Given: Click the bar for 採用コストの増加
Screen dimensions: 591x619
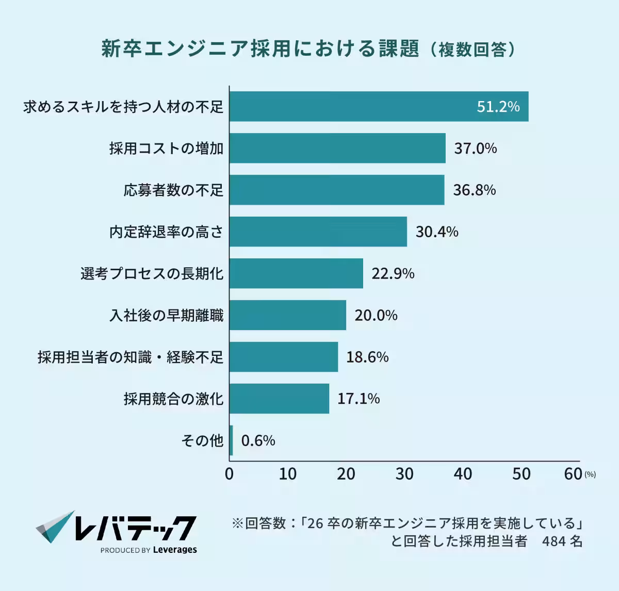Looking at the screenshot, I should [x=337, y=148].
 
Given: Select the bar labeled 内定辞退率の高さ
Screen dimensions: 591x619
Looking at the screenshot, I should [x=318, y=232].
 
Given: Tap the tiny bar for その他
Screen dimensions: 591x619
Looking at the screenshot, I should [x=231, y=440].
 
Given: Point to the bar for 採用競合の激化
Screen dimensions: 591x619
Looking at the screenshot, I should [x=279, y=399].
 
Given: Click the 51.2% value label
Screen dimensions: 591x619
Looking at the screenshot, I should [x=498, y=107].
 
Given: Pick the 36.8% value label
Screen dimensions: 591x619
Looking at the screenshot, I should [x=474, y=190].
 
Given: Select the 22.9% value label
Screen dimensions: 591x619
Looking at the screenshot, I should [x=393, y=273].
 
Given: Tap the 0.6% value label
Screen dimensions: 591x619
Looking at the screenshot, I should [x=258, y=440].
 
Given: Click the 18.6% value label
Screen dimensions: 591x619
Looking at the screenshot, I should [x=367, y=357].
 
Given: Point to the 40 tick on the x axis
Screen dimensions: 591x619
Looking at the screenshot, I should [x=463, y=474].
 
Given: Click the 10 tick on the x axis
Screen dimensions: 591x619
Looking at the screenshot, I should [x=287, y=474].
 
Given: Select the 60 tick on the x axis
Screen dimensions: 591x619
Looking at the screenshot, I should [x=573, y=474].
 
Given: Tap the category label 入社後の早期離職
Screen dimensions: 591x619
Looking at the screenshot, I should [x=166, y=315].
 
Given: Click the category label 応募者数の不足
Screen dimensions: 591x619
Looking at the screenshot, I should [x=173, y=190].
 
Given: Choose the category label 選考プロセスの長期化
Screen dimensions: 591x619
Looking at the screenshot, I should [x=152, y=273].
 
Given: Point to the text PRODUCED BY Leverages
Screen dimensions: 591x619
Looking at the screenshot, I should [x=149, y=550].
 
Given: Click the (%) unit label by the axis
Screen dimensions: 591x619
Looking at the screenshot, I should [x=590, y=474].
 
